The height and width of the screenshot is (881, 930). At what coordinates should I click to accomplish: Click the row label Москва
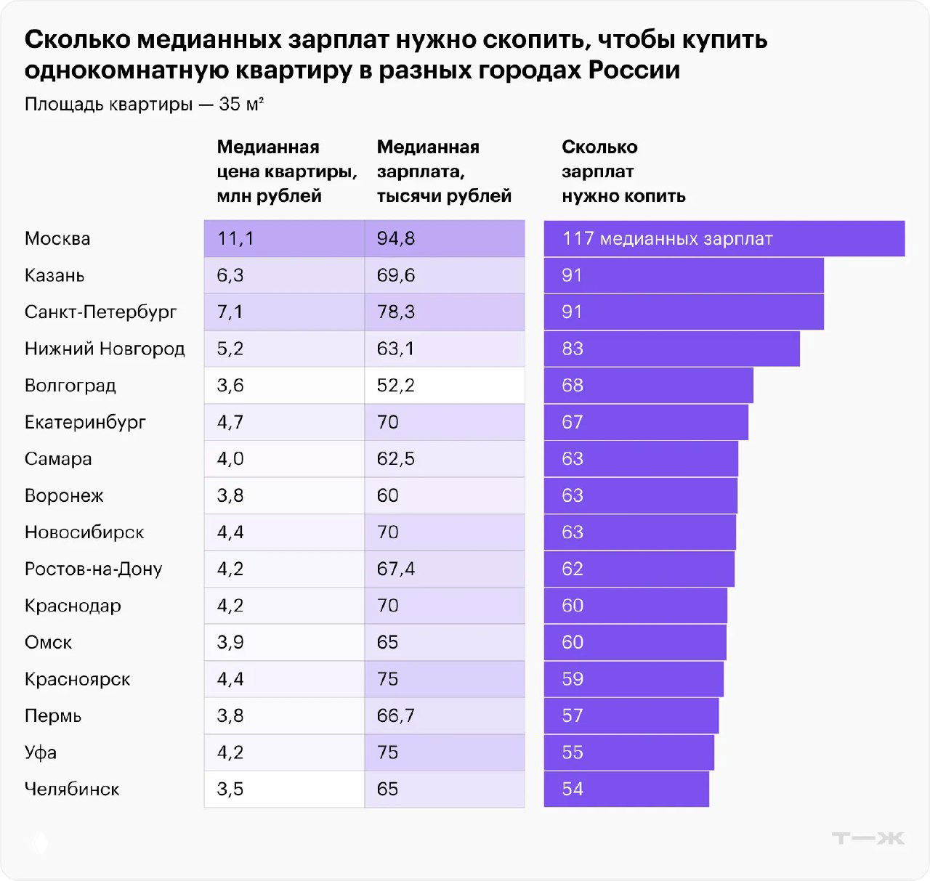[57, 239]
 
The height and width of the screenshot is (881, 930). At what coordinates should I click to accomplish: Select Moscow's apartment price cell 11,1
[283, 239]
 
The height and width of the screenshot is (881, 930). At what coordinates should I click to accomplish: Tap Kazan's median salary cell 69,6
[443, 275]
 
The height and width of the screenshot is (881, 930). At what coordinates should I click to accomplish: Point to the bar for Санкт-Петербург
[683, 312]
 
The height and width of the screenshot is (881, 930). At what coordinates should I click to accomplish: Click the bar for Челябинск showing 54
[626, 789]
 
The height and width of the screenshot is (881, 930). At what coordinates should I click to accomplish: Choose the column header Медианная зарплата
[443, 171]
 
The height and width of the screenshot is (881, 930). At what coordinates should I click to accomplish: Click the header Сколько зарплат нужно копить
[623, 171]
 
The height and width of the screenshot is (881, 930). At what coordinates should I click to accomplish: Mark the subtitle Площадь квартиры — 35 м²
[144, 105]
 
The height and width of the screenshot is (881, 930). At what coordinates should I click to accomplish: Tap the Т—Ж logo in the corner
[868, 838]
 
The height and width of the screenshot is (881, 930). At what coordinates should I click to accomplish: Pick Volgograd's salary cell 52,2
[443, 386]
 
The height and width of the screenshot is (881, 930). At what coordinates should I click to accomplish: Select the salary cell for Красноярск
[443, 679]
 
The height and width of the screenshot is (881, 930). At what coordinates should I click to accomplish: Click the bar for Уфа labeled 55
[628, 752]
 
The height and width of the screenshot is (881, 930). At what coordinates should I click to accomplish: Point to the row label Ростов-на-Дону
[93, 569]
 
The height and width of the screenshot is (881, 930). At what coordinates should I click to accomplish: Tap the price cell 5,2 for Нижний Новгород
[283, 349]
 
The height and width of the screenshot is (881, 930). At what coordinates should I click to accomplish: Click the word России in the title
[634, 70]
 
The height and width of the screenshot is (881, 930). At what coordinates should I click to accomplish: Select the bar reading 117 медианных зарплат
[724, 239]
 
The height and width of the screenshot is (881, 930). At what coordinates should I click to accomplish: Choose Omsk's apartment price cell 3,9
[283, 642]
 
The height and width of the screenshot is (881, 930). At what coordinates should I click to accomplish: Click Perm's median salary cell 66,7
[443, 715]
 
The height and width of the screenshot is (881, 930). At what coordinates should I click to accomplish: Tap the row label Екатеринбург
[85, 422]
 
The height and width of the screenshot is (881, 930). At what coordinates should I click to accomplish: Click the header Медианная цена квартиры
[286, 171]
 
